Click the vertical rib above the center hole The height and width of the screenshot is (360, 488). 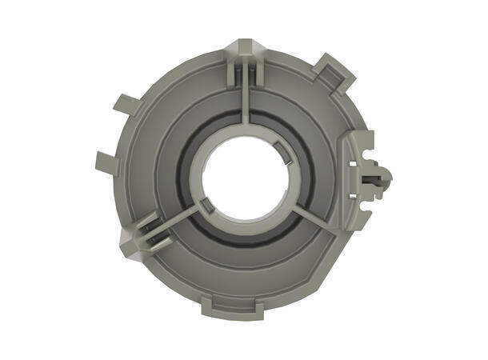(246, 104)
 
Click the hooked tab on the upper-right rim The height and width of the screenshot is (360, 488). (336, 70)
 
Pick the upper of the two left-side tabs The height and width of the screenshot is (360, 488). (126, 105)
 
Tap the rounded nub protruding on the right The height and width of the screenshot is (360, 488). (382, 178)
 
